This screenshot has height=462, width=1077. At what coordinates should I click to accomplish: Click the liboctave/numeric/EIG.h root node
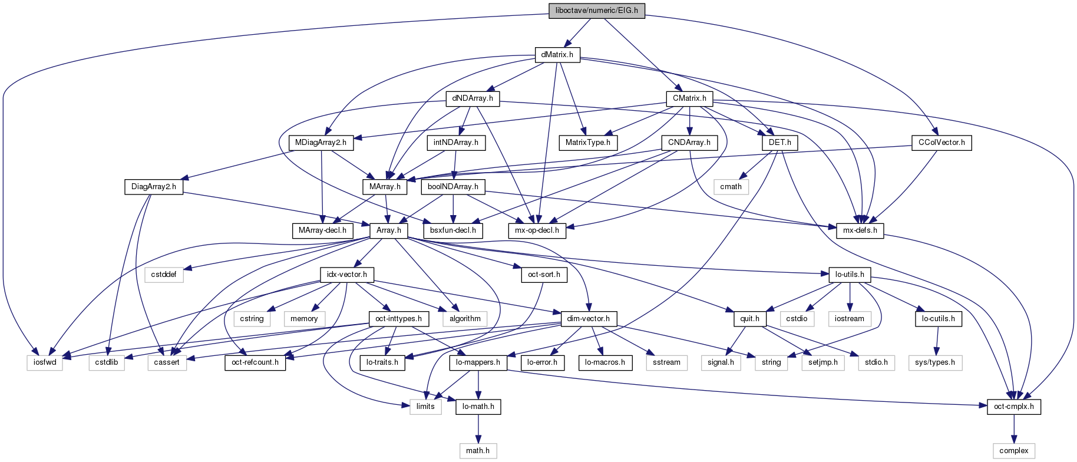coord(596,11)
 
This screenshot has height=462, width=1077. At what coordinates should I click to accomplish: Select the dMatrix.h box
coord(557,55)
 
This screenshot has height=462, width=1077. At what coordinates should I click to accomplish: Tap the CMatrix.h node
coord(689,98)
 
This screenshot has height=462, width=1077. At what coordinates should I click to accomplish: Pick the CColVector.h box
coord(941,143)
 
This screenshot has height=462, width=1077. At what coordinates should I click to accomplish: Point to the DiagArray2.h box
coord(154,187)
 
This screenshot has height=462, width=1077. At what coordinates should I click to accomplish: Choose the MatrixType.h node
coord(587,143)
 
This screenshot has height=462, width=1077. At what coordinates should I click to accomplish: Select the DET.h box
coord(779,143)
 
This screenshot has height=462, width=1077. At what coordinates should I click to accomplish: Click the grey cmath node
coord(731,187)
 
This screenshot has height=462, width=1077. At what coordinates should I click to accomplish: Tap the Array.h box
coord(388,230)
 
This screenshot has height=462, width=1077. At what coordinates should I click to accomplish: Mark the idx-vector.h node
coord(347,275)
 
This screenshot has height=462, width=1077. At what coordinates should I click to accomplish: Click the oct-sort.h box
coord(544,275)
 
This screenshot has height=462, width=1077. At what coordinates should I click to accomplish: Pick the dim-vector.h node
coord(588,319)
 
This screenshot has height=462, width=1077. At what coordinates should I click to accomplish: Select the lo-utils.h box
coord(850,275)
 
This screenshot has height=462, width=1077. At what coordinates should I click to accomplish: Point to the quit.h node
coord(749,319)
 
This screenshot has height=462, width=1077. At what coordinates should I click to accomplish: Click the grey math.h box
coord(478,451)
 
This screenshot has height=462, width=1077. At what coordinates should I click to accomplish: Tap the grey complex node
coord(1013,451)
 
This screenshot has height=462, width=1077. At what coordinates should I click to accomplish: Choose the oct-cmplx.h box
coord(1013,407)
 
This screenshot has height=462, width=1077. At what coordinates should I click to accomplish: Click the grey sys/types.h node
coord(935,362)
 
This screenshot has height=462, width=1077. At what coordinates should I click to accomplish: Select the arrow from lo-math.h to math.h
coord(478,428)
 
